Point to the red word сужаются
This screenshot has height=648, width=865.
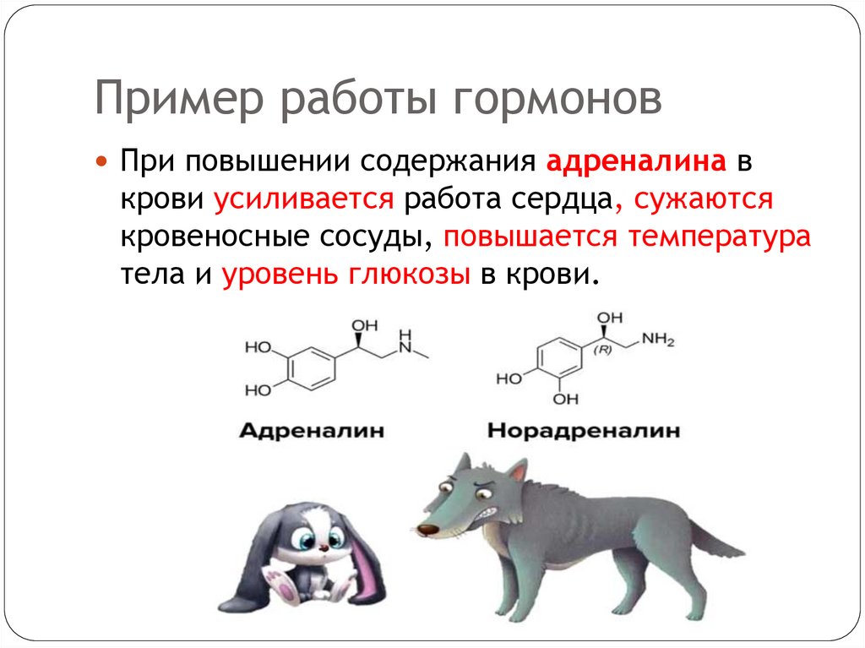point(704,202)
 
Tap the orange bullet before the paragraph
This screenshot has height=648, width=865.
point(102,161)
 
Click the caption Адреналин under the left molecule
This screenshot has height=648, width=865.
point(311,431)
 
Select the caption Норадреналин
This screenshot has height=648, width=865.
point(584,431)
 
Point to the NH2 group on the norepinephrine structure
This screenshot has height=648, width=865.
point(658,340)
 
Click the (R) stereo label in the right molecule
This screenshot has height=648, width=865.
point(602,349)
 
